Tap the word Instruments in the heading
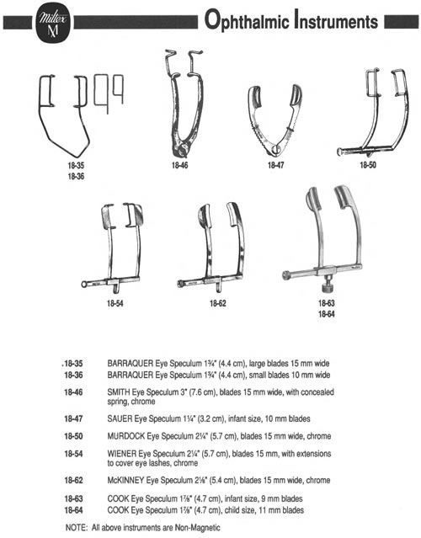click(x=336, y=20)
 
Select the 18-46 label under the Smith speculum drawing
click(x=180, y=165)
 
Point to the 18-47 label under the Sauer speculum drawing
click(x=276, y=165)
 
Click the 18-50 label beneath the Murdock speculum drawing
click(x=367, y=165)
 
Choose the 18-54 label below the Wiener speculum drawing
click(x=115, y=303)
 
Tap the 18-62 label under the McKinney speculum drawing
click(x=218, y=303)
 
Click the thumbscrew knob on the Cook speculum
click(x=327, y=286)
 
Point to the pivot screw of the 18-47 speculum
click(x=275, y=148)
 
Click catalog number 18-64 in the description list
click(x=73, y=510)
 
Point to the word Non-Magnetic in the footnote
click(x=197, y=527)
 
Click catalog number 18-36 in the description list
click(x=73, y=375)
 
